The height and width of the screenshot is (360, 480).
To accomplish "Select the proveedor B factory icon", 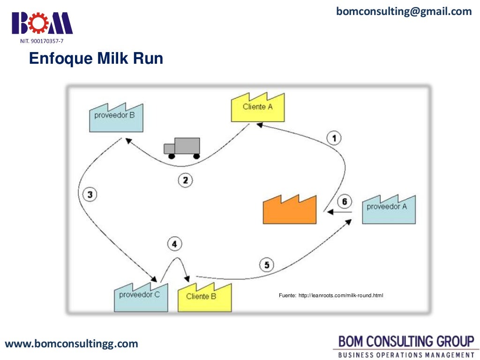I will click(116, 117).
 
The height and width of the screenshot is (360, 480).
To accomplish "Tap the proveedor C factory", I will click(140, 297).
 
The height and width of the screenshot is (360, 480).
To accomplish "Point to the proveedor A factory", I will click(389, 209).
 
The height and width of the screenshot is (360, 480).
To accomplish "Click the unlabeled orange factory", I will click(289, 209).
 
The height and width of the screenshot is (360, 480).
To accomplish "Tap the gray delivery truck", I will click(182, 148).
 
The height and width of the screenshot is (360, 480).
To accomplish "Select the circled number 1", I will click(334, 138).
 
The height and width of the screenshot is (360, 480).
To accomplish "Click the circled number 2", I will click(185, 180).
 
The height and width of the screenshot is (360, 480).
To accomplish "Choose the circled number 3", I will click(89, 194).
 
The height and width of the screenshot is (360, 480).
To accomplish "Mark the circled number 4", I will click(174, 244).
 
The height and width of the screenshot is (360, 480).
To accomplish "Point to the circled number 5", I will click(266, 265).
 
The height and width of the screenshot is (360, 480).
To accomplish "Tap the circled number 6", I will click(345, 202).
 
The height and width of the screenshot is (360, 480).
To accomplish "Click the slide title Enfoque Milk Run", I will click(96, 59).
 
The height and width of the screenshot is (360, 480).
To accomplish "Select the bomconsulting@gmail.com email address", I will click(404, 12).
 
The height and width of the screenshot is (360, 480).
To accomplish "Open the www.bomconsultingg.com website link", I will click(71, 344).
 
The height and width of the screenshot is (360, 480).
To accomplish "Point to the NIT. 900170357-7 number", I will click(41, 42).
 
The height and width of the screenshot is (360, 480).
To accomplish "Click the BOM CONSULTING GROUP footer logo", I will click(405, 345).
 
